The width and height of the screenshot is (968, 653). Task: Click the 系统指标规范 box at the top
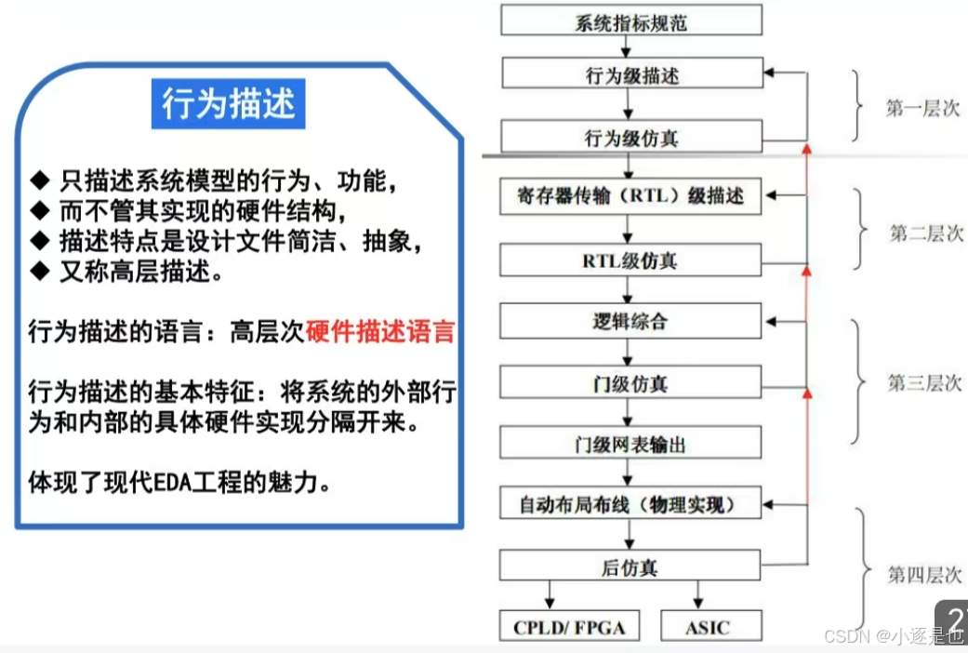631,20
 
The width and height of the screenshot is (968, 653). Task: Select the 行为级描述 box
631,75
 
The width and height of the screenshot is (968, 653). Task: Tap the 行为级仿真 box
631,138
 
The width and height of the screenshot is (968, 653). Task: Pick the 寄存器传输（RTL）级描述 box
631,197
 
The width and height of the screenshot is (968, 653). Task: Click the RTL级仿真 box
631,260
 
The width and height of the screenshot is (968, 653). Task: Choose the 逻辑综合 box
631,322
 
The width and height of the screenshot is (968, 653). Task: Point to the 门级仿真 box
631,382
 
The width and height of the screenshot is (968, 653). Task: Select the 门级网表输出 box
631,444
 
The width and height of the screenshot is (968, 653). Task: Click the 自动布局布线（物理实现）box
631,505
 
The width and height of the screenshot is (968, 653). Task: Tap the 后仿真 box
631,566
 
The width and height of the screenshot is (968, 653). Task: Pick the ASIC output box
709,627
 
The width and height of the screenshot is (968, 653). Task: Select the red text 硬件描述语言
379,331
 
